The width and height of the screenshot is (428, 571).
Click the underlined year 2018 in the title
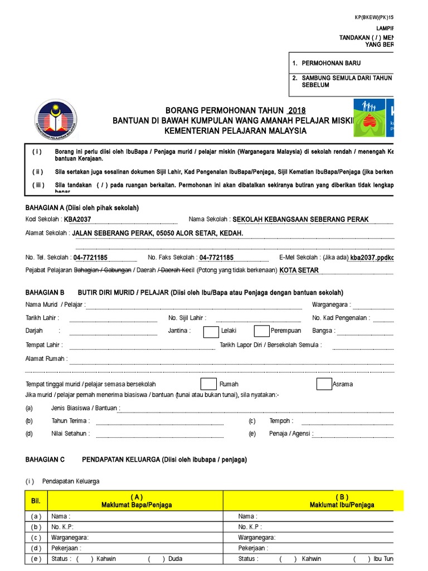click(x=296, y=110)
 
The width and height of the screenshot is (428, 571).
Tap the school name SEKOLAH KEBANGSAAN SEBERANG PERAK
click(x=300, y=220)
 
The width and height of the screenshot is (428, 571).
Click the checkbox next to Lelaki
click(x=211, y=331)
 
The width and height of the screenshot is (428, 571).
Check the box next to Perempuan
click(x=261, y=331)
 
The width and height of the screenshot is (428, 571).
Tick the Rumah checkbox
click(x=208, y=384)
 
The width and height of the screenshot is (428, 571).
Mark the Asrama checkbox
click(x=324, y=384)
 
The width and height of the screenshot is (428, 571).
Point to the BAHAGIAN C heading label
click(x=45, y=460)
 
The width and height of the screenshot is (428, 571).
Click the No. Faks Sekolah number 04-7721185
click(x=217, y=258)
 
